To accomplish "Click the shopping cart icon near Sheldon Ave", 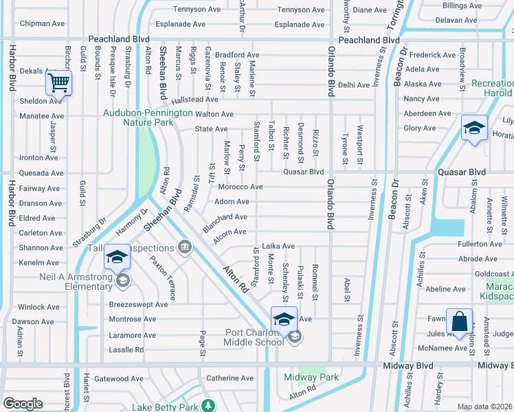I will coord(59,84).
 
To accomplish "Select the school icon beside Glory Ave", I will coord(474,128).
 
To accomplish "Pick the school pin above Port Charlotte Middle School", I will coord(284,319).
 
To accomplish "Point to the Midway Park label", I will coord(311,377).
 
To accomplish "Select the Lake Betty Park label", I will coord(164,407).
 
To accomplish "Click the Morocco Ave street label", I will coord(241,187).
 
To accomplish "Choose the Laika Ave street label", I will coord(278,246).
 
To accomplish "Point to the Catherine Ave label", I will coord(231,378).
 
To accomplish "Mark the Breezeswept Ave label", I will coord(138,304).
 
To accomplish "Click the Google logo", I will coord(23,404).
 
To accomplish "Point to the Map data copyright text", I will coord(485,407).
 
